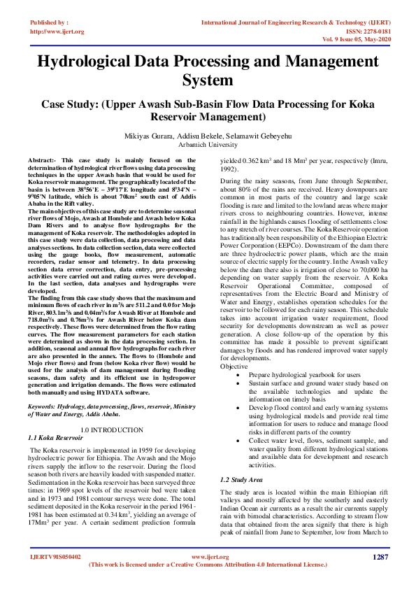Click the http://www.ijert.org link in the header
tap(57, 31)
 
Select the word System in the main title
tap(208, 80)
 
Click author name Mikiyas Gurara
tap(166, 136)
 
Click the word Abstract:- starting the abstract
tap(45, 161)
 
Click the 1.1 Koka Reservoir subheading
tap(55, 437)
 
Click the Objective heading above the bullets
tap(234, 367)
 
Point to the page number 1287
tap(380, 557)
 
